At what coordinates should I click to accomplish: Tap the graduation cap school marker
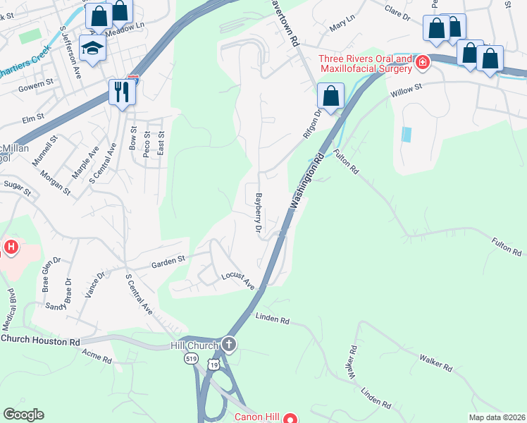tap(92, 47)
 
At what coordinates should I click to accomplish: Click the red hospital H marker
tap(11, 247)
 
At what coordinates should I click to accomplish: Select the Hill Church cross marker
tap(228, 345)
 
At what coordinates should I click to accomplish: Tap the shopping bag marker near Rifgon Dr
tap(330, 95)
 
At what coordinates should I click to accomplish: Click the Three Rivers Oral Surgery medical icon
tap(422, 62)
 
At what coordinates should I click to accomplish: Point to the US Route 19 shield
tap(213, 362)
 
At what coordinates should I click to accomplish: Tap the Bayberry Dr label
tap(259, 213)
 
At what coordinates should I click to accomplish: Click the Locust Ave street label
tap(237, 281)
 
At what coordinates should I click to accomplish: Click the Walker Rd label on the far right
tap(435, 363)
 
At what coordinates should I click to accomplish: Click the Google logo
tap(24, 415)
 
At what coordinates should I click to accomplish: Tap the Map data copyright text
tap(497, 417)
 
